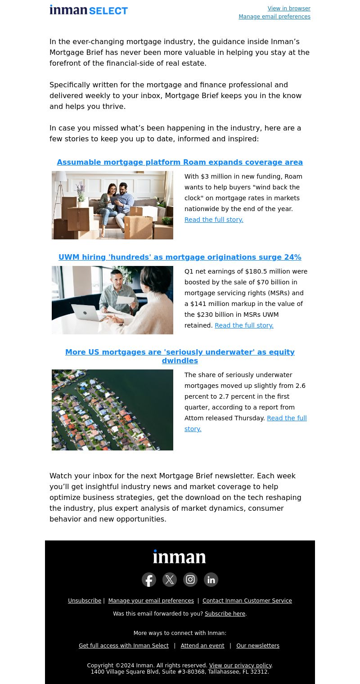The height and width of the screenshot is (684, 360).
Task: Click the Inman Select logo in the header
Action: point(89,10)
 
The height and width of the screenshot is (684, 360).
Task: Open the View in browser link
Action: point(289,9)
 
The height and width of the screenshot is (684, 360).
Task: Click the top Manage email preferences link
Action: point(274,17)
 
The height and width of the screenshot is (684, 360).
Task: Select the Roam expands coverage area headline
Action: point(180,162)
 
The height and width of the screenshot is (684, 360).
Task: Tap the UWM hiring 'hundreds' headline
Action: point(180,257)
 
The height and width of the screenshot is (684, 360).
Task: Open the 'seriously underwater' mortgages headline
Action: point(180,356)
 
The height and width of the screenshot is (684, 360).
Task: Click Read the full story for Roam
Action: point(214,220)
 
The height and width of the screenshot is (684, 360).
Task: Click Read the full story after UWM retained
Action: point(244,325)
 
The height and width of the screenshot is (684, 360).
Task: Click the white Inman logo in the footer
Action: point(180,557)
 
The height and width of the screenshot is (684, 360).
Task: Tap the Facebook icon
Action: point(149,580)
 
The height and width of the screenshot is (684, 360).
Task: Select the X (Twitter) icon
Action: point(170,580)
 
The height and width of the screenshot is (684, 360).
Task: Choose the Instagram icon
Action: point(190,580)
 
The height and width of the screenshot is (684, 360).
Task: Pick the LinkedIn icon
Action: point(211,580)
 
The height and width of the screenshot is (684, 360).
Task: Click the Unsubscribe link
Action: point(85,601)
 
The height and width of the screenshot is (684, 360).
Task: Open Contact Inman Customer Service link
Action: point(247,601)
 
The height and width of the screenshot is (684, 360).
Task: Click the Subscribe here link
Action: point(225,614)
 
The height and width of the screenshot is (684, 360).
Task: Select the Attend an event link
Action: point(202,646)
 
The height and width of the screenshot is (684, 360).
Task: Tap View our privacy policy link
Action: point(240,666)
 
